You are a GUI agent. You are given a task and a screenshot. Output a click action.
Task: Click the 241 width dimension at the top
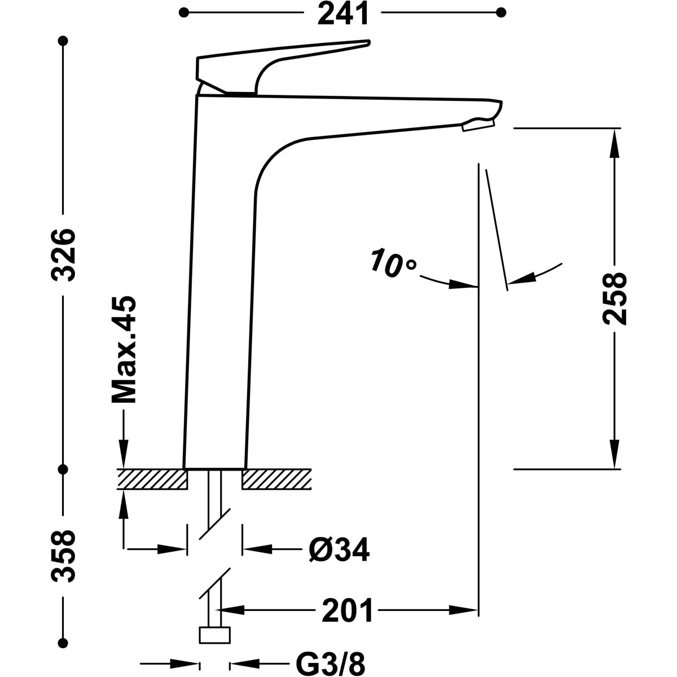pyautogui.click(x=342, y=14)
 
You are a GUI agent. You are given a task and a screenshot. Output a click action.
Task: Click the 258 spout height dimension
pyautogui.click(x=614, y=299)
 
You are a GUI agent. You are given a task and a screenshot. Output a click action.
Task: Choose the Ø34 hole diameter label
pyautogui.click(x=338, y=549)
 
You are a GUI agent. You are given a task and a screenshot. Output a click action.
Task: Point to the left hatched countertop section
pyautogui.click(x=152, y=479)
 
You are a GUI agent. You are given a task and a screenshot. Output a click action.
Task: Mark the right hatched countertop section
pyautogui.click(x=276, y=479)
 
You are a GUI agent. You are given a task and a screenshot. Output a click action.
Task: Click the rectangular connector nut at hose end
pyautogui.click(x=215, y=635)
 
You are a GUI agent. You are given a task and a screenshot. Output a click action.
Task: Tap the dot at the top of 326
pyautogui.click(x=64, y=41)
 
